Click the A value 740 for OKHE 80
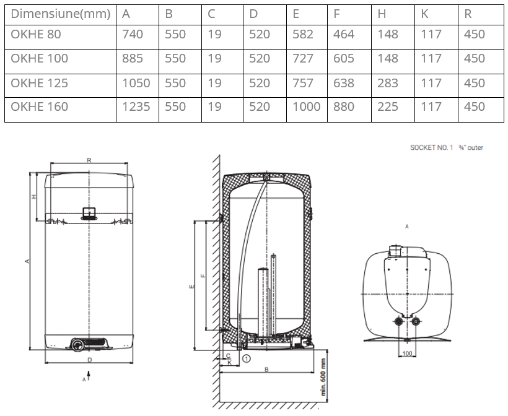(133, 34)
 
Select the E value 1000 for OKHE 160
(307, 107)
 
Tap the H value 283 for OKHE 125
(388, 83)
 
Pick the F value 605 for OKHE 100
(344, 59)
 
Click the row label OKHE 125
(39, 83)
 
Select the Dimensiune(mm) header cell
(61, 14)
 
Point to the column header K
(424, 14)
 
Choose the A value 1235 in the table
(136, 107)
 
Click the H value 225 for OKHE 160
(387, 107)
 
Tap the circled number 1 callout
(247, 358)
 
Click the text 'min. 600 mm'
(323, 377)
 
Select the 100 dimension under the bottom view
(407, 353)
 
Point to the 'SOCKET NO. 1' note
(432, 147)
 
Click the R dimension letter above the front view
(89, 160)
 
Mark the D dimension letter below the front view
(90, 360)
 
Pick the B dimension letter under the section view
(266, 370)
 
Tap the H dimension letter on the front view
(34, 196)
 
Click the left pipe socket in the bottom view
(398, 321)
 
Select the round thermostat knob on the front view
(78, 344)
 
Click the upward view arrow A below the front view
(89, 376)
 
